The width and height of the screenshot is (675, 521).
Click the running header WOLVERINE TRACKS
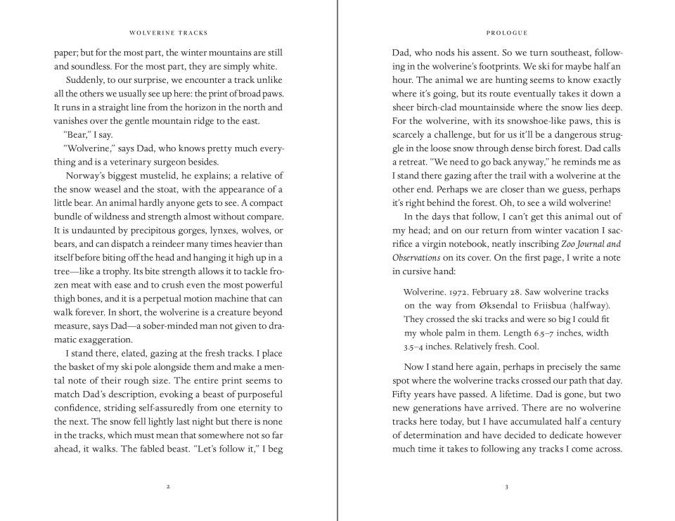(169, 32)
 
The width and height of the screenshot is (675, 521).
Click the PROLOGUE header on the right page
(506, 32)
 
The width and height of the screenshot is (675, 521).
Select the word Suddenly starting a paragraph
(86, 80)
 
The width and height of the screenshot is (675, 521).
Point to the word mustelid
(166, 176)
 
